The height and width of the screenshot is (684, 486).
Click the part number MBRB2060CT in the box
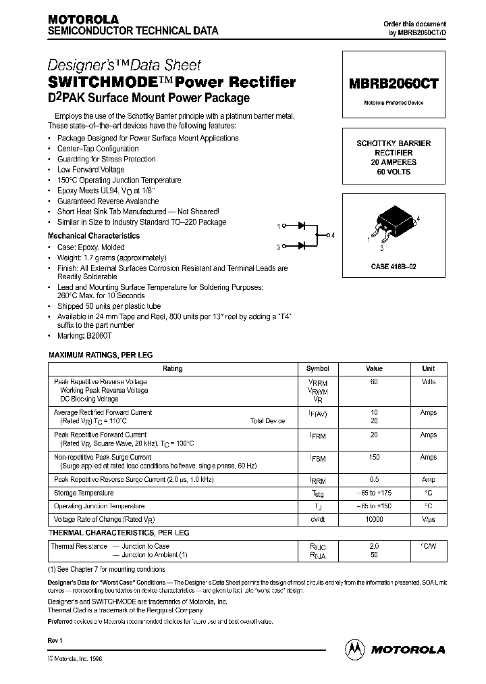pos(394,84)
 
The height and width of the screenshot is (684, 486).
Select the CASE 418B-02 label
pos(394,267)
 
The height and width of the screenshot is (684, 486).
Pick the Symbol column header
pos(317,369)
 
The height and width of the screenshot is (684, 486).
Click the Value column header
pos(374,369)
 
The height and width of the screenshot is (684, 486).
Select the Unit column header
pos(428,369)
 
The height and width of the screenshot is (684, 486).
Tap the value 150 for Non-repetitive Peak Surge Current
pos(374,458)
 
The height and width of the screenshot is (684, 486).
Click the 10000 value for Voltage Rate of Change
pos(374,519)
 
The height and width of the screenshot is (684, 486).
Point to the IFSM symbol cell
pos(317,459)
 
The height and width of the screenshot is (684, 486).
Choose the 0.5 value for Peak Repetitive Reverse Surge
pos(374,479)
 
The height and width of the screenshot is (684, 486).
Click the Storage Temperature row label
pos(84,493)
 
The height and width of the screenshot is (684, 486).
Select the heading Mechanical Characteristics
pos(94,236)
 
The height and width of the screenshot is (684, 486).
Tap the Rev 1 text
pos(55,640)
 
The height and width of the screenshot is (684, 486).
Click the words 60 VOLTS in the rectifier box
pos(394,172)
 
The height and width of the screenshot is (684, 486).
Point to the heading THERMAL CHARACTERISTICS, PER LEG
pos(118,533)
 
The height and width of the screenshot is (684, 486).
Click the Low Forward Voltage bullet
pos(90,170)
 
